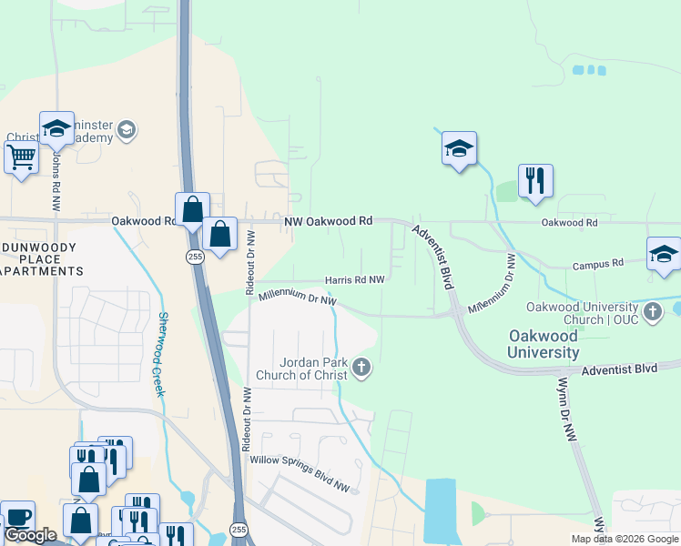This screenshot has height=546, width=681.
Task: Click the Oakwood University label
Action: (x=543, y=344)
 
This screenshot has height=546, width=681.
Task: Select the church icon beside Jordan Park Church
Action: (x=362, y=368)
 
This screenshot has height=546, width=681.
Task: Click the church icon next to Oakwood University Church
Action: (x=652, y=313)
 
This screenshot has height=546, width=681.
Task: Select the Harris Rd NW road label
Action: (x=355, y=280)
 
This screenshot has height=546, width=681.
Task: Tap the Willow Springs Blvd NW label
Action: (x=300, y=473)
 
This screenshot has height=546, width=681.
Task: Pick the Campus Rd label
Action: (x=597, y=265)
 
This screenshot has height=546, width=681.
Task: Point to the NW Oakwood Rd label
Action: (x=329, y=221)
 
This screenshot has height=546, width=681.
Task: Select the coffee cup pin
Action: (x=17, y=517)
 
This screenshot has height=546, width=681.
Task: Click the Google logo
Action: (x=30, y=535)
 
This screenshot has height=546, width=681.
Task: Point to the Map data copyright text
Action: (x=625, y=539)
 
